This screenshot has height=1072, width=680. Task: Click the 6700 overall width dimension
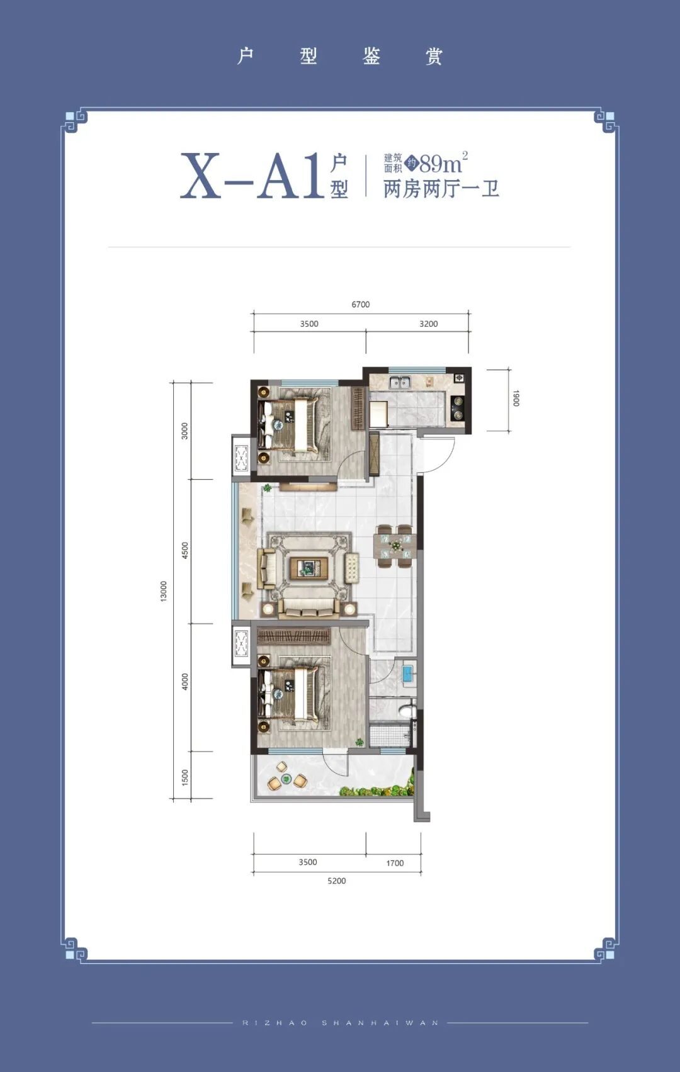[x=360, y=305]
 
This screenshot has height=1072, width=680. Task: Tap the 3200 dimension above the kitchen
[x=428, y=324]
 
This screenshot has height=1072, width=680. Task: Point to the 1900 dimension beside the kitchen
[x=516, y=398]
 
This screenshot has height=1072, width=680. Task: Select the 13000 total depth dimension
[x=164, y=592]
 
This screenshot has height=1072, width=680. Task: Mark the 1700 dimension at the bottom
[x=395, y=864]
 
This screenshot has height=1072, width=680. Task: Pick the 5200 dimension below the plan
[x=336, y=881]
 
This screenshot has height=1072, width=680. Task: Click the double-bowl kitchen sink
[x=400, y=382]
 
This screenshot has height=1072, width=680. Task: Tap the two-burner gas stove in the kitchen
[x=458, y=409]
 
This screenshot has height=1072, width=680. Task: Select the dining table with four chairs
[x=395, y=546]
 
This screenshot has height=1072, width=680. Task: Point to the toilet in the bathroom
[x=406, y=709]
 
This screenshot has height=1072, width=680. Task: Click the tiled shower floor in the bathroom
[x=390, y=736]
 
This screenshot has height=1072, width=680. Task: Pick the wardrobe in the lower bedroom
[x=294, y=636]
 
